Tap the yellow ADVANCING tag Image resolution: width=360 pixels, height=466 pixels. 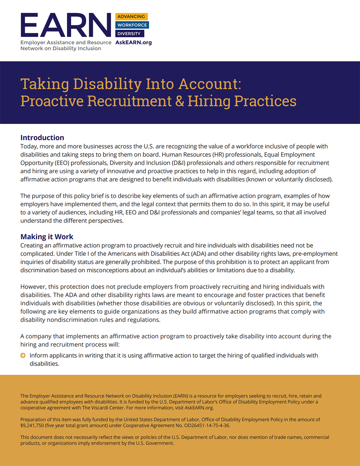click(x=131, y=17)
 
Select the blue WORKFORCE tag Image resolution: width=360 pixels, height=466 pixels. click(x=132, y=25)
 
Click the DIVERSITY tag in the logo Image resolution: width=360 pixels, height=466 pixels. click(x=129, y=34)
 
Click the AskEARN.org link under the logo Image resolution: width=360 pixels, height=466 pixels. click(x=134, y=42)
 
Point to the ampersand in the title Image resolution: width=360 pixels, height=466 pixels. click(x=180, y=101)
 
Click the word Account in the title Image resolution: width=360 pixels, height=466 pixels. click(x=210, y=84)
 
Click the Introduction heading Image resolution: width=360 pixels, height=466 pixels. click(x=42, y=137)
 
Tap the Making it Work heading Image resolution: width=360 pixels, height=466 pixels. click(x=47, y=236)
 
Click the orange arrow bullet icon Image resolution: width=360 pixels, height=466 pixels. click(x=23, y=356)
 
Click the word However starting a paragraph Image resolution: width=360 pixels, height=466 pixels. click(x=33, y=287)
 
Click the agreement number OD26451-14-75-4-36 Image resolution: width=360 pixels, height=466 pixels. click(x=206, y=425)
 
